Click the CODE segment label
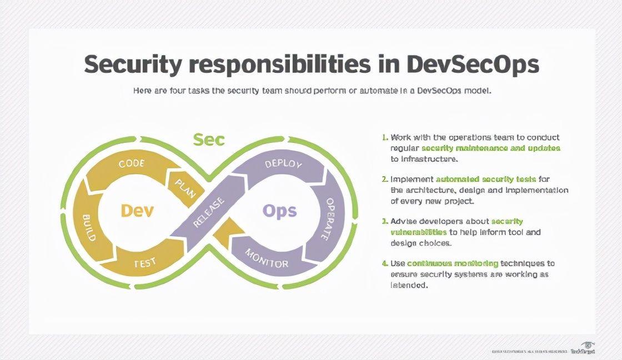coord(132,164)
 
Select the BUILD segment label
coord(89,227)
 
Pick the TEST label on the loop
coord(145,262)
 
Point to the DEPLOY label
coord(283,164)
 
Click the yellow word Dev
coord(137,211)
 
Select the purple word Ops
coord(279,211)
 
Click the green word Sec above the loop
coord(209,139)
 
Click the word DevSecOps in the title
coord(473,64)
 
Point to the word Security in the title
coord(132,64)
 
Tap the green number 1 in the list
coord(384,137)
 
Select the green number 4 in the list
coord(384,263)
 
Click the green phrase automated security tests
coord(486,179)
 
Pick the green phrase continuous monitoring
coord(453,263)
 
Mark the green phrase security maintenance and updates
coord(491,148)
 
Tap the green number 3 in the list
coord(384,222)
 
